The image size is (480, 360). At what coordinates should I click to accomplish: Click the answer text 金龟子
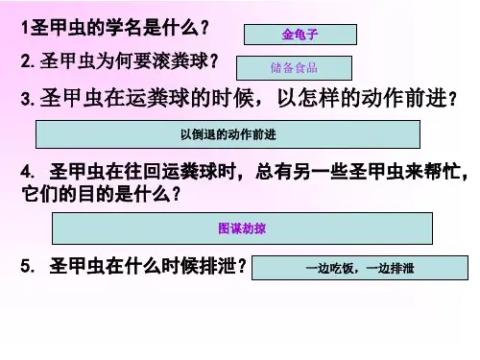pyautogui.click(x=300, y=35)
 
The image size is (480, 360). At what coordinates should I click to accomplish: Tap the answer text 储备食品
pyautogui.click(x=294, y=68)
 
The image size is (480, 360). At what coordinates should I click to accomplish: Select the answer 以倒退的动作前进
pyautogui.click(x=228, y=134)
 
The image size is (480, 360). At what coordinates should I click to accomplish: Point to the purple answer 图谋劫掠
pyautogui.click(x=242, y=228)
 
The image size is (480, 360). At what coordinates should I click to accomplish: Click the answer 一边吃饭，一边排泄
pyautogui.click(x=360, y=268)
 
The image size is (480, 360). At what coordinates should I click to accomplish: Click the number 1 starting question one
pyautogui.click(x=25, y=28)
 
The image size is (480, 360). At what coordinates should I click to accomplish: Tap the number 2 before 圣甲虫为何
pyautogui.click(x=26, y=61)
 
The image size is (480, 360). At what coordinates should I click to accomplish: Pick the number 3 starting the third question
pyautogui.click(x=26, y=99)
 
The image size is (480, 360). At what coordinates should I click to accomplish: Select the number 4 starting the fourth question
pyautogui.click(x=26, y=173)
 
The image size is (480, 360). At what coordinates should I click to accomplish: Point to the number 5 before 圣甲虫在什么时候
pyautogui.click(x=26, y=266)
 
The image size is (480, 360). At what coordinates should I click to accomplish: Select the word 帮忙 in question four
pyautogui.click(x=442, y=172)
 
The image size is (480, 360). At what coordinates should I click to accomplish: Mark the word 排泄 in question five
pyautogui.click(x=218, y=266)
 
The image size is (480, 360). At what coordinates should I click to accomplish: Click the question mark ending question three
pyautogui.click(x=452, y=99)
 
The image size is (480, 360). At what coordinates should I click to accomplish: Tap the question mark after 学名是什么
pyautogui.click(x=204, y=28)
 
